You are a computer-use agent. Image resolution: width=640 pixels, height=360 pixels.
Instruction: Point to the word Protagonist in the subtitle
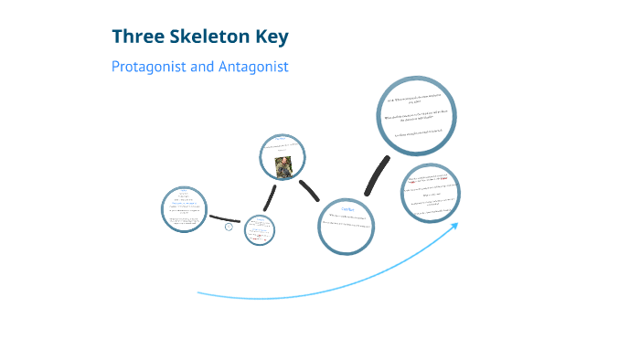[x=149, y=67]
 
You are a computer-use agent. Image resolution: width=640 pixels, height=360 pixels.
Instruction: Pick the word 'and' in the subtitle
[x=202, y=67]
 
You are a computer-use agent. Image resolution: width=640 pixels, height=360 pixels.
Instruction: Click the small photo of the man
[x=284, y=166]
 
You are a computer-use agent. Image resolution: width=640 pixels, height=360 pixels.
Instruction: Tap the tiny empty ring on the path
[x=229, y=227]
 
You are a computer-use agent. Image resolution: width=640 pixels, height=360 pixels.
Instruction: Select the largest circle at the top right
[x=417, y=115]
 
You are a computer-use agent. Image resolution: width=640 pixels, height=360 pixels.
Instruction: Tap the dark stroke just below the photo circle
[x=270, y=197]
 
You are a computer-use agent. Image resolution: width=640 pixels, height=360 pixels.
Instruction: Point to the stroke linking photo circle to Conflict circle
[x=309, y=190]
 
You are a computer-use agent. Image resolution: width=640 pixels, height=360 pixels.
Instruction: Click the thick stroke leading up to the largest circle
[x=375, y=175]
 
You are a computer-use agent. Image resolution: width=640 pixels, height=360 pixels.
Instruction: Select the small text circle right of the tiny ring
[x=261, y=229]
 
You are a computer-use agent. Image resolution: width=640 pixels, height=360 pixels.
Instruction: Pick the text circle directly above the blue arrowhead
[x=430, y=193]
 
